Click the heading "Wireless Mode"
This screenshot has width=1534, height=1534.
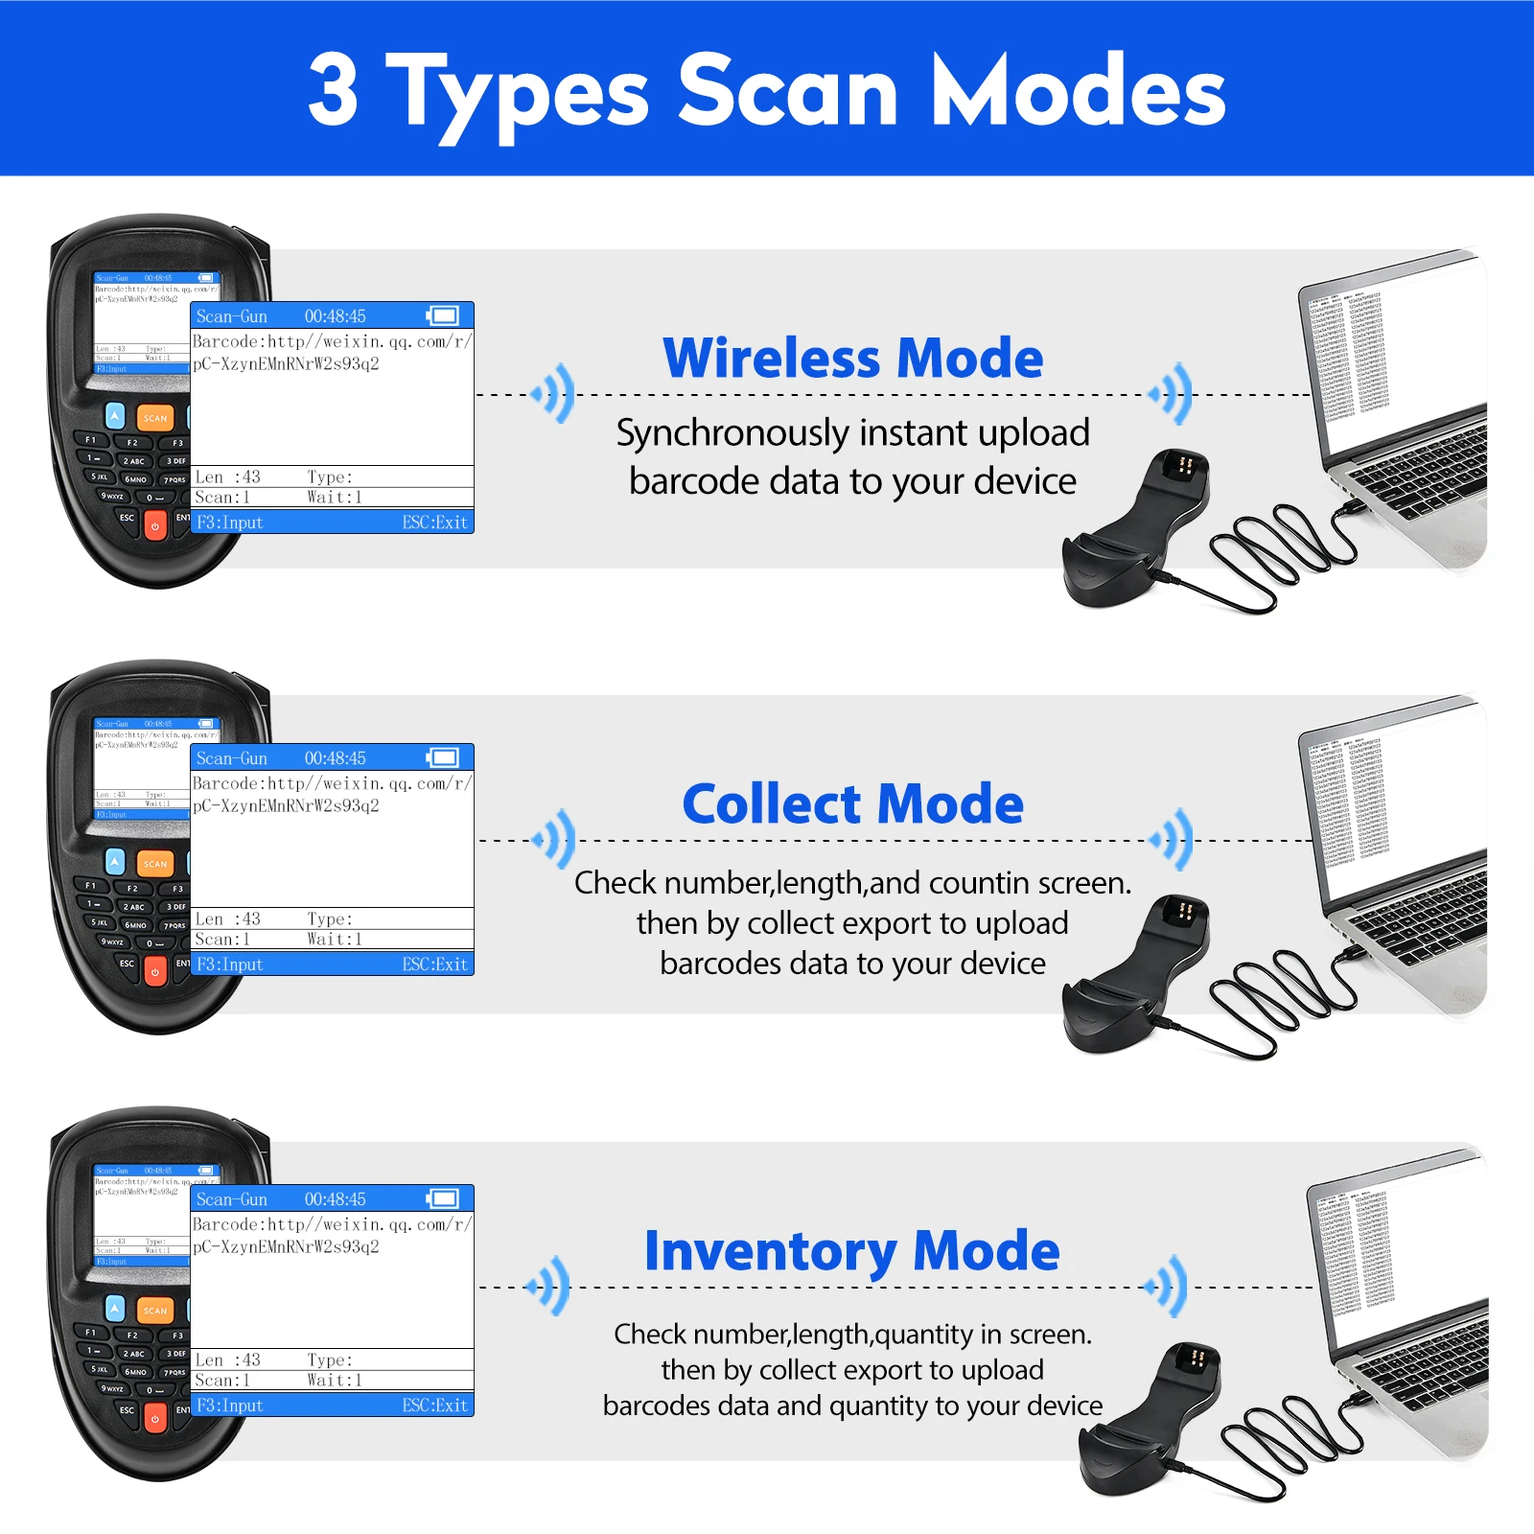[x=852, y=359]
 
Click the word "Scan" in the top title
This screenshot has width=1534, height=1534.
[x=788, y=90]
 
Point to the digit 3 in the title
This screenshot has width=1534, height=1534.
[x=333, y=90]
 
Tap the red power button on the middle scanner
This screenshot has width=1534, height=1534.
[x=155, y=972]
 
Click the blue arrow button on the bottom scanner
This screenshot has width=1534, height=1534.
[x=115, y=1308]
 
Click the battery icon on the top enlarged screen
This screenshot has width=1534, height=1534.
[x=443, y=315]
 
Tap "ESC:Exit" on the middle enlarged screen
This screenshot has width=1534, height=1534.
[x=434, y=965]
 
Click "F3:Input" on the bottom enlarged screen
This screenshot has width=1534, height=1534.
[x=230, y=1406]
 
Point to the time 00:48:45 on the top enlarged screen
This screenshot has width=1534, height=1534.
[x=335, y=315]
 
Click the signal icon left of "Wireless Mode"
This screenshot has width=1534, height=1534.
[x=555, y=393]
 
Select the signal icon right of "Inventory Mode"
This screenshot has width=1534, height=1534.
[x=1169, y=1286]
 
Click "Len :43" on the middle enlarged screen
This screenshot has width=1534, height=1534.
[x=227, y=918]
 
